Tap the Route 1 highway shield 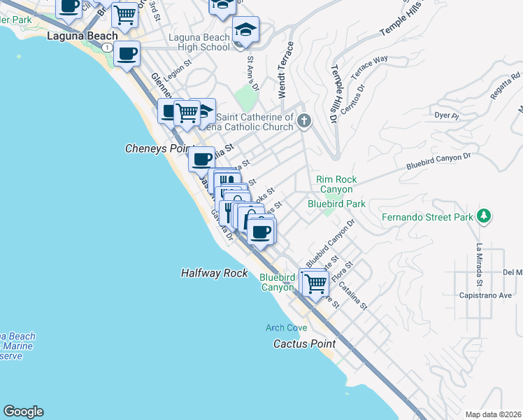coord(106,46)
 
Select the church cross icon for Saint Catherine coord(303,121)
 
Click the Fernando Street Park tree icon coord(484,216)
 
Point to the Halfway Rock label coord(214,273)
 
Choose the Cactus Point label coord(304,344)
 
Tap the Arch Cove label coord(287,328)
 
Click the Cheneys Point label coord(155,148)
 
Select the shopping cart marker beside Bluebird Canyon coord(315,283)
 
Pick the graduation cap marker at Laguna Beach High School coord(245,31)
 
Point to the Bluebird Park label coord(337,204)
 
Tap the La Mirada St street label coord(480,265)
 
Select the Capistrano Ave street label coord(489,295)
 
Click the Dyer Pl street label coord(445,115)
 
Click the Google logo coord(23,412)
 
